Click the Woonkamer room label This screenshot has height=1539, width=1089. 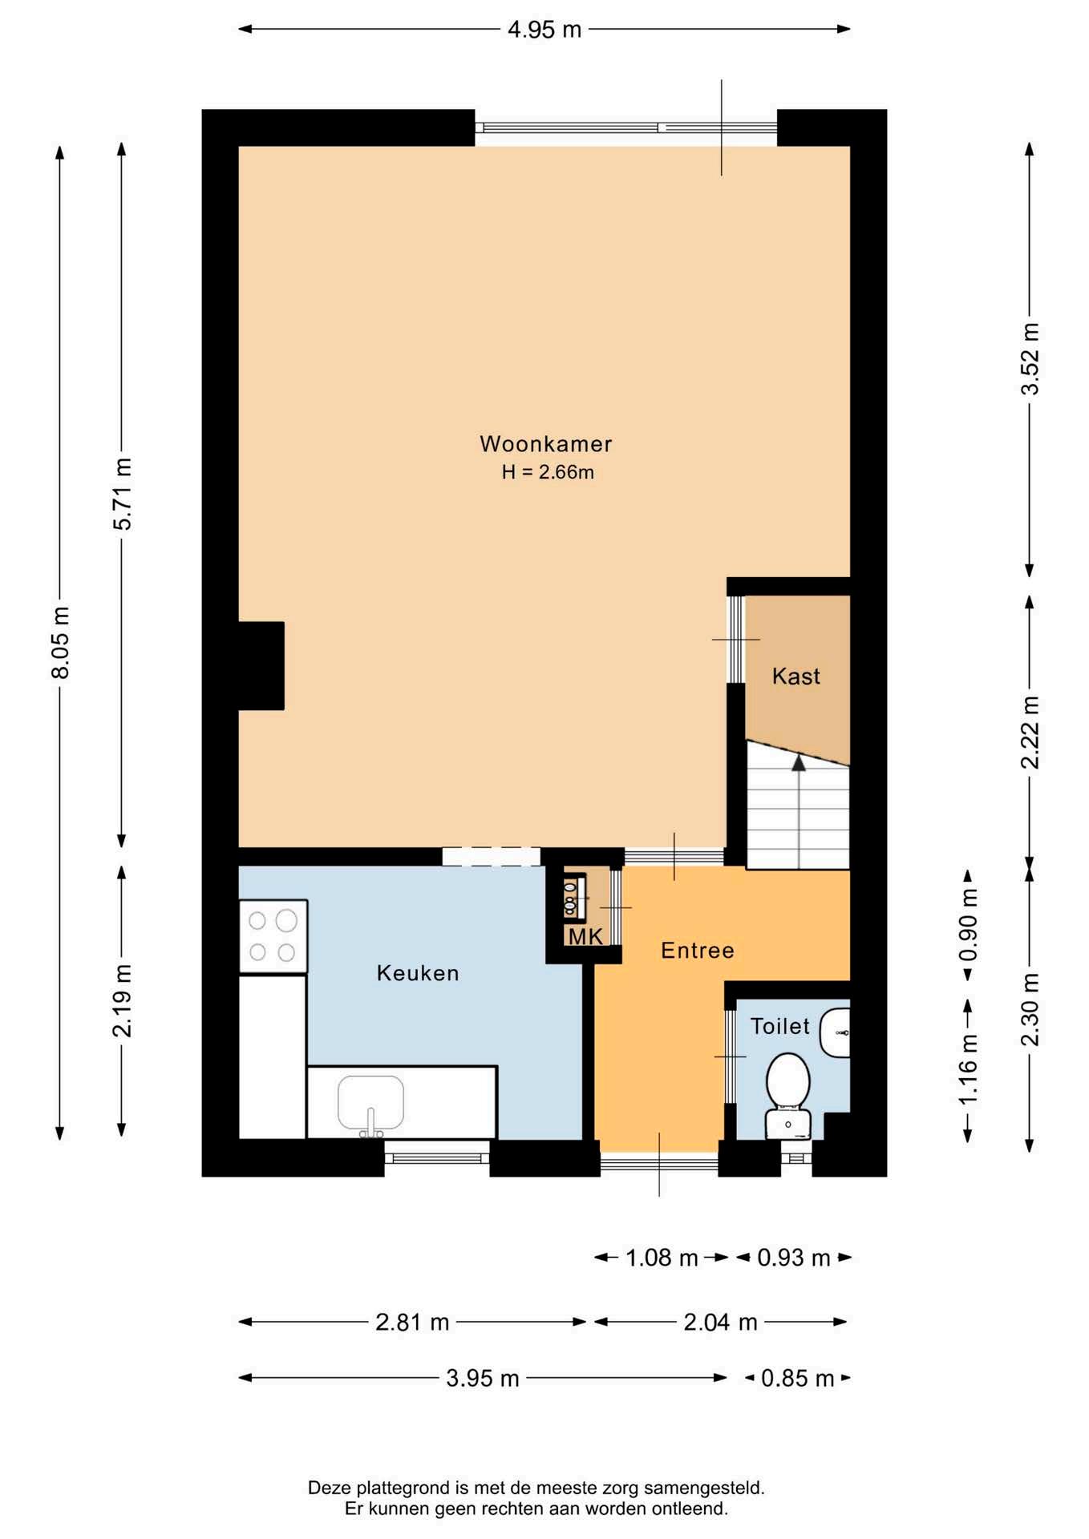[545, 443]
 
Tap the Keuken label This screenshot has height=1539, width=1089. [418, 973]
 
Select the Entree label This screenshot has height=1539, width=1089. [698, 951]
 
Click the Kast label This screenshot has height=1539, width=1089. [796, 677]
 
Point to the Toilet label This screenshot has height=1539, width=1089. [779, 1026]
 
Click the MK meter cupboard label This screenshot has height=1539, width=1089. [585, 936]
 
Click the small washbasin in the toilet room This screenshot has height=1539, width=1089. [835, 1032]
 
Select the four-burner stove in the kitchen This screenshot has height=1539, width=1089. [273, 936]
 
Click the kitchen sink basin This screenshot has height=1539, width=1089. [370, 1103]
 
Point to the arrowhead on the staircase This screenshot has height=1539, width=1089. [798, 762]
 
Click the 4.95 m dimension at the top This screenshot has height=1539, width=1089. [544, 30]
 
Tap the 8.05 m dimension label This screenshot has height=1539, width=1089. [60, 642]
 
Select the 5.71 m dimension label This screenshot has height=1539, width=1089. [122, 494]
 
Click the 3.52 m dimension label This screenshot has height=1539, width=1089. [1030, 358]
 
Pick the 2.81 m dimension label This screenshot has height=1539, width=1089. [412, 1322]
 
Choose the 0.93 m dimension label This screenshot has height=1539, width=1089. [794, 1258]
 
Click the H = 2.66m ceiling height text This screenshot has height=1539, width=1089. [548, 472]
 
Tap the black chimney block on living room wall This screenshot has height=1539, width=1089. [261, 666]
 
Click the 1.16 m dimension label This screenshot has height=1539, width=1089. [968, 1068]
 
